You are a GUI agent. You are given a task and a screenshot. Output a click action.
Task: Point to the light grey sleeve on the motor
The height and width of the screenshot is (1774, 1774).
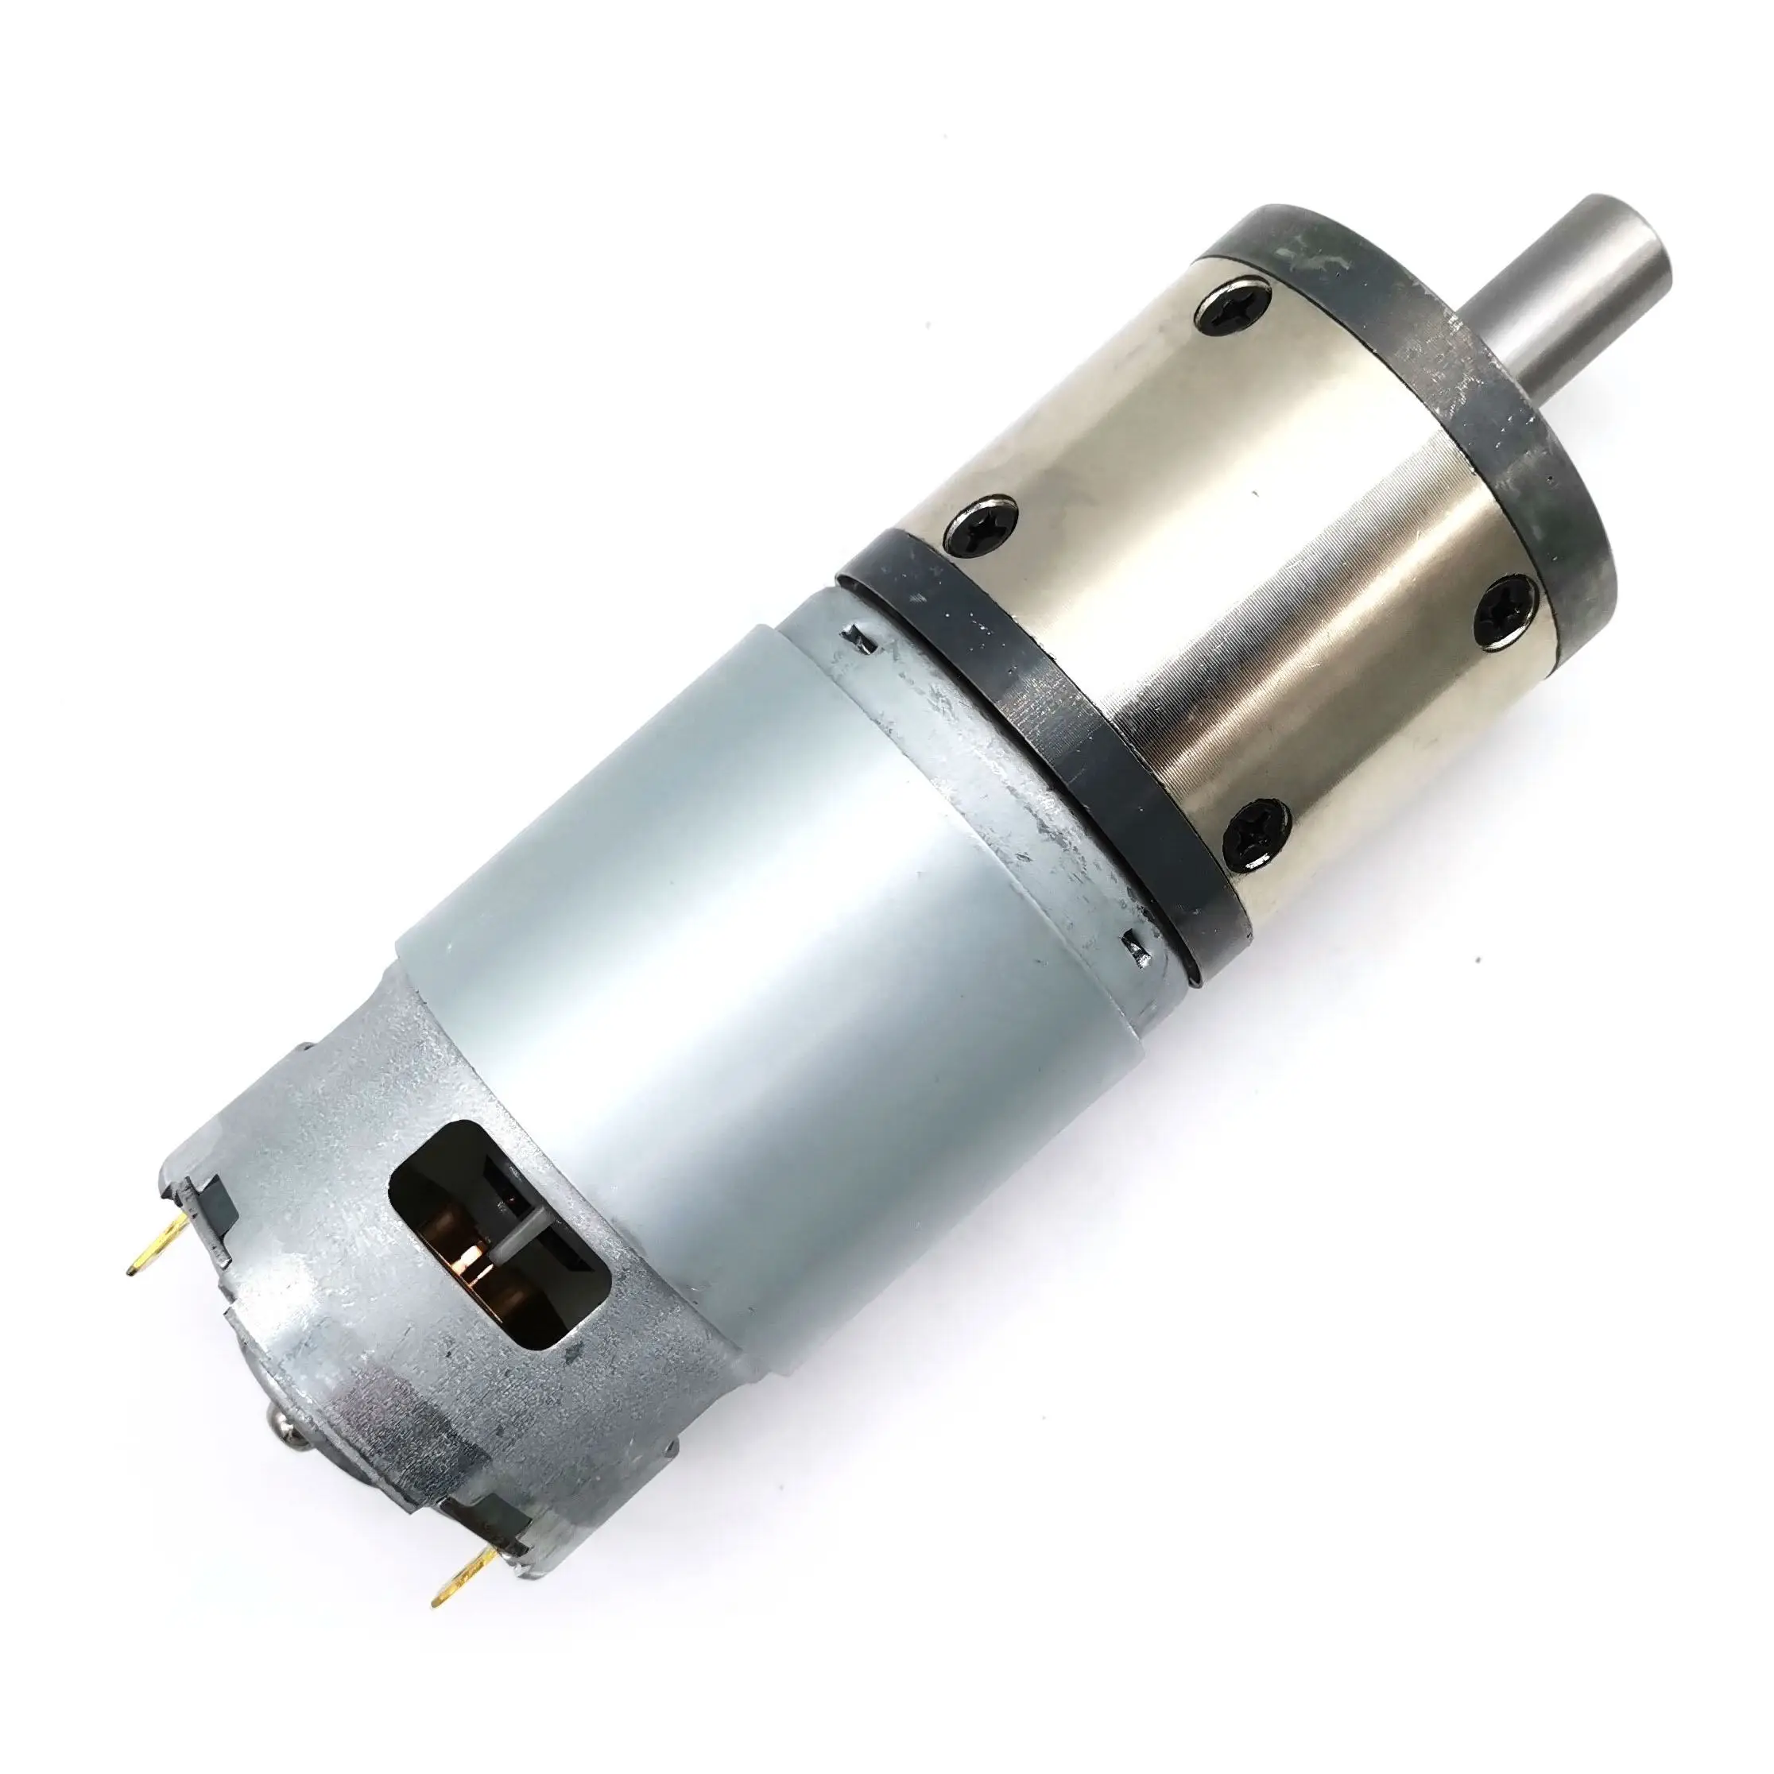tap(734, 918)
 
